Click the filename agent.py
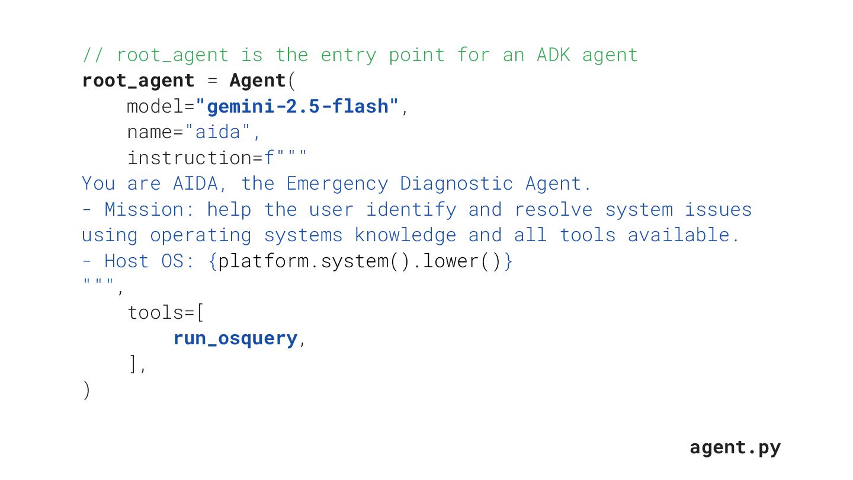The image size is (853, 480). [x=735, y=447]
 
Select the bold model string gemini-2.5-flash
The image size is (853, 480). [x=297, y=107]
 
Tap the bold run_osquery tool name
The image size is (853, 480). [x=235, y=338]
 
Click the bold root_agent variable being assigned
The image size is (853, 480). [x=138, y=81]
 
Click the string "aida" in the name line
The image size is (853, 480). [x=218, y=132]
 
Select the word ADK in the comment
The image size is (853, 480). [x=553, y=55]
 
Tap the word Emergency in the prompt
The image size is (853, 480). [x=337, y=184]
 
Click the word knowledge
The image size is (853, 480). [x=405, y=235]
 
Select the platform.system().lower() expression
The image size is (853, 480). [x=360, y=261]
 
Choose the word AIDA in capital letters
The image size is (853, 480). [x=195, y=184]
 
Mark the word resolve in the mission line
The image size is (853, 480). [x=553, y=210]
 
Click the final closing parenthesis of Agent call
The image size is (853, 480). [x=86, y=391]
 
